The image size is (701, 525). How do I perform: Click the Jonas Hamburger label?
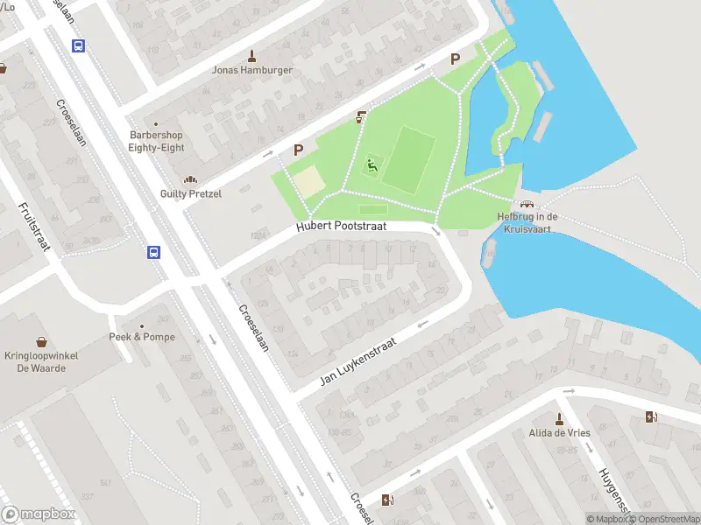(x=252, y=70)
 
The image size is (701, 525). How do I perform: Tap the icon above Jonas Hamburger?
(x=253, y=54)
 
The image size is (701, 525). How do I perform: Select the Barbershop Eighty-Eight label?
(x=157, y=142)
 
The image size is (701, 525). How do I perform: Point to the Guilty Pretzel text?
(x=190, y=193)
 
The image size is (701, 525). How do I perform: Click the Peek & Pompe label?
(x=142, y=337)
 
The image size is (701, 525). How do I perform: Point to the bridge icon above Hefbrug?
(x=527, y=204)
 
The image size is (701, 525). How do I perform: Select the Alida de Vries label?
(x=558, y=433)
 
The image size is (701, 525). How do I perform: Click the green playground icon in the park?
(x=372, y=164)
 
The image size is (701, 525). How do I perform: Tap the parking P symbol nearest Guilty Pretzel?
(x=298, y=150)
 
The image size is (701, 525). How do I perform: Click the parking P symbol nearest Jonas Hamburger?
(x=454, y=59)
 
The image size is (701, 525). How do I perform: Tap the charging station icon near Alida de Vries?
(x=649, y=417)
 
